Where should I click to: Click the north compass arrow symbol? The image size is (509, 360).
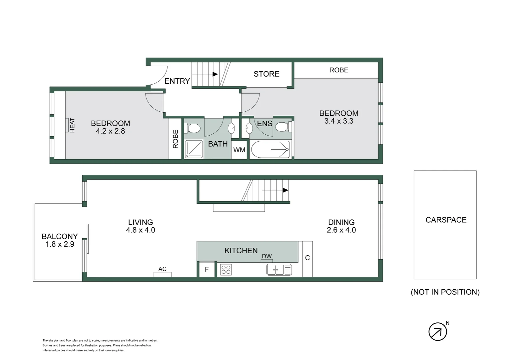tap(437, 332)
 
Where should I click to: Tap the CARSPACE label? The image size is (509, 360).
tap(446, 220)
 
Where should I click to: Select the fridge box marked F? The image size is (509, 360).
tap(207, 269)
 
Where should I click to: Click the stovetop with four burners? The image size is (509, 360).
tap(226, 269)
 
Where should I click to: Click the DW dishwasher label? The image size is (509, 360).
tap(267, 256)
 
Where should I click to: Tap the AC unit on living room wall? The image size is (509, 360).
tap(162, 274)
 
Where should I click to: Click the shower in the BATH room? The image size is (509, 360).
tap(194, 149)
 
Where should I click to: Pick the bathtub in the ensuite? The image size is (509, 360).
tap(270, 149)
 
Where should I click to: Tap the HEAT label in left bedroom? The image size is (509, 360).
tap(72, 125)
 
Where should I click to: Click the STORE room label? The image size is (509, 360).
tap(266, 74)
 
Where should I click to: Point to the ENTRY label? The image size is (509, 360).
tap(177, 81)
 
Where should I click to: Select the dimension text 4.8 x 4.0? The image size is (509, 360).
tap(141, 230)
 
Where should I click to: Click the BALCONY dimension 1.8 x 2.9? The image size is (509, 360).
tap(60, 244)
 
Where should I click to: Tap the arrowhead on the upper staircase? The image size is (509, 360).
tap(215, 74)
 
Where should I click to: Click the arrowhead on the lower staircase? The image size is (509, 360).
tap(285, 190)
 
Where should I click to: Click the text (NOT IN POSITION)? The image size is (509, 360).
tap(445, 292)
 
